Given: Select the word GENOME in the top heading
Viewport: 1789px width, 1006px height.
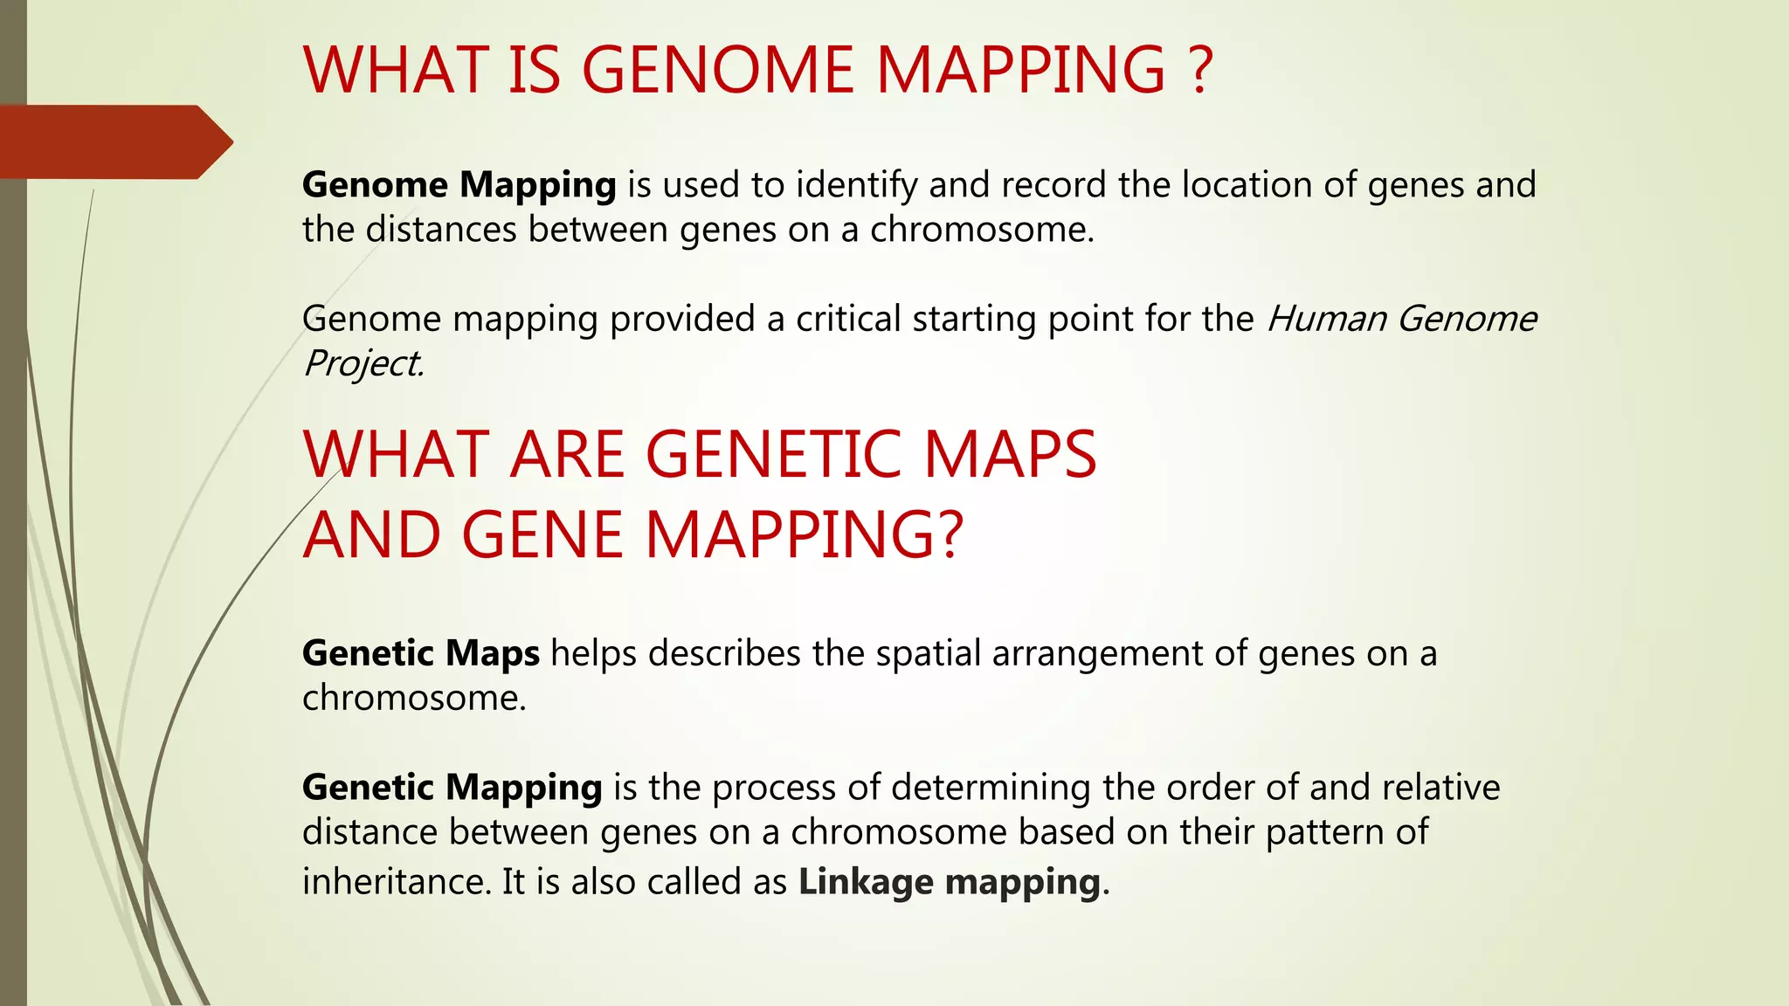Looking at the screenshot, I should pyautogui.click(x=717, y=70).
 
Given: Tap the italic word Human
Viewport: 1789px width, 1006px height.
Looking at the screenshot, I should pyautogui.click(x=1326, y=319).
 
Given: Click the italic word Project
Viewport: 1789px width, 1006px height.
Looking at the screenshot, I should pyautogui.click(x=363, y=363).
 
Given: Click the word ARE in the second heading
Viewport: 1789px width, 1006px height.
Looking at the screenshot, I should pyautogui.click(x=567, y=455).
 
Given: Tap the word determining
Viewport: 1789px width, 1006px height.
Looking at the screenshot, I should pyautogui.click(x=991, y=788).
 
